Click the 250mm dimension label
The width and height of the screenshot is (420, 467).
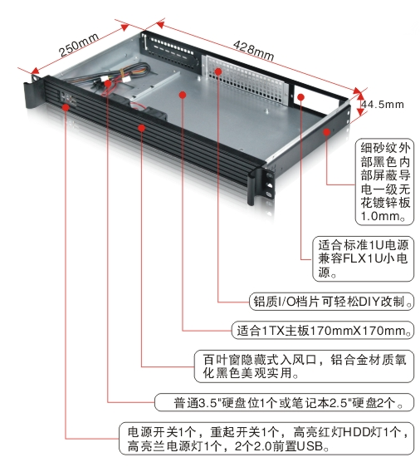tap(80, 45)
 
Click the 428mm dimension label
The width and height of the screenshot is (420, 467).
tap(253, 51)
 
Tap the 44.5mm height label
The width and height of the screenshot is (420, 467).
tap(383, 105)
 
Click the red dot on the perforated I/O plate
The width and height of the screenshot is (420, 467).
tap(218, 71)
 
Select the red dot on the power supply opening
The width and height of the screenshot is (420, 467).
tap(301, 97)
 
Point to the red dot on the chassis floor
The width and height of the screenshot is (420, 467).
tap(183, 95)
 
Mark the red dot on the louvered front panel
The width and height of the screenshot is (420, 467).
tap(142, 128)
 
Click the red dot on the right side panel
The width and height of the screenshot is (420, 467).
tap(326, 131)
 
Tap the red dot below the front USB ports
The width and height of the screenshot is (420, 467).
tap(66, 107)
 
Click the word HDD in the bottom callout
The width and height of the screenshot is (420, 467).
tap(356, 431)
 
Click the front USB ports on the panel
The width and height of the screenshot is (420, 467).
tap(69, 98)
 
